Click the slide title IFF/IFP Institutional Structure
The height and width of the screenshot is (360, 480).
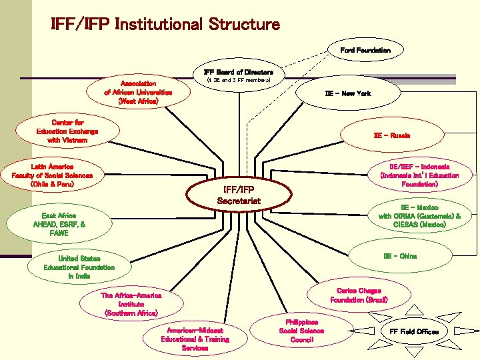click(x=165, y=25)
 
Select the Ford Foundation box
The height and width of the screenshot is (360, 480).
click(x=365, y=50)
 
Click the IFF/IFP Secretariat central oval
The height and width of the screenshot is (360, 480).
click(x=239, y=194)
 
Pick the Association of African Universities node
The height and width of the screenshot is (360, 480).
click(x=138, y=93)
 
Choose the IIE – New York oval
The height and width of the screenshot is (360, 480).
click(x=347, y=93)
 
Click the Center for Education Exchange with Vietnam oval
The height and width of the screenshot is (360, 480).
click(x=67, y=131)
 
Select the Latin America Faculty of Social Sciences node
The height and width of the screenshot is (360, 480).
click(x=53, y=175)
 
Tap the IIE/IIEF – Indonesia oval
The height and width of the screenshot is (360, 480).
click(x=419, y=175)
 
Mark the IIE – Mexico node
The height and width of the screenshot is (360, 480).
click(x=419, y=216)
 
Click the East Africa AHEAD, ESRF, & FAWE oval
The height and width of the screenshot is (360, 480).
click(x=59, y=225)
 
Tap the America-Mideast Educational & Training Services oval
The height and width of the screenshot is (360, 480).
click(x=195, y=339)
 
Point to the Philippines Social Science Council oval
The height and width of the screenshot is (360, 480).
click(x=301, y=331)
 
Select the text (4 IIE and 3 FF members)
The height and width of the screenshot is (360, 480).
click(x=238, y=79)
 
